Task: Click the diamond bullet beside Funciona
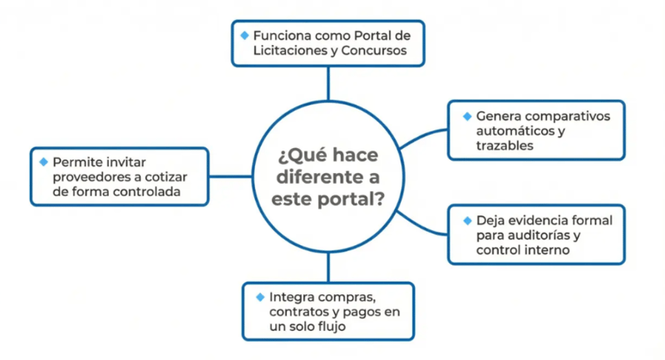[244, 35]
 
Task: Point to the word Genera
[497, 116]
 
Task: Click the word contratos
[298, 312]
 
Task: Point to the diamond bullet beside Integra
[259, 295]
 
